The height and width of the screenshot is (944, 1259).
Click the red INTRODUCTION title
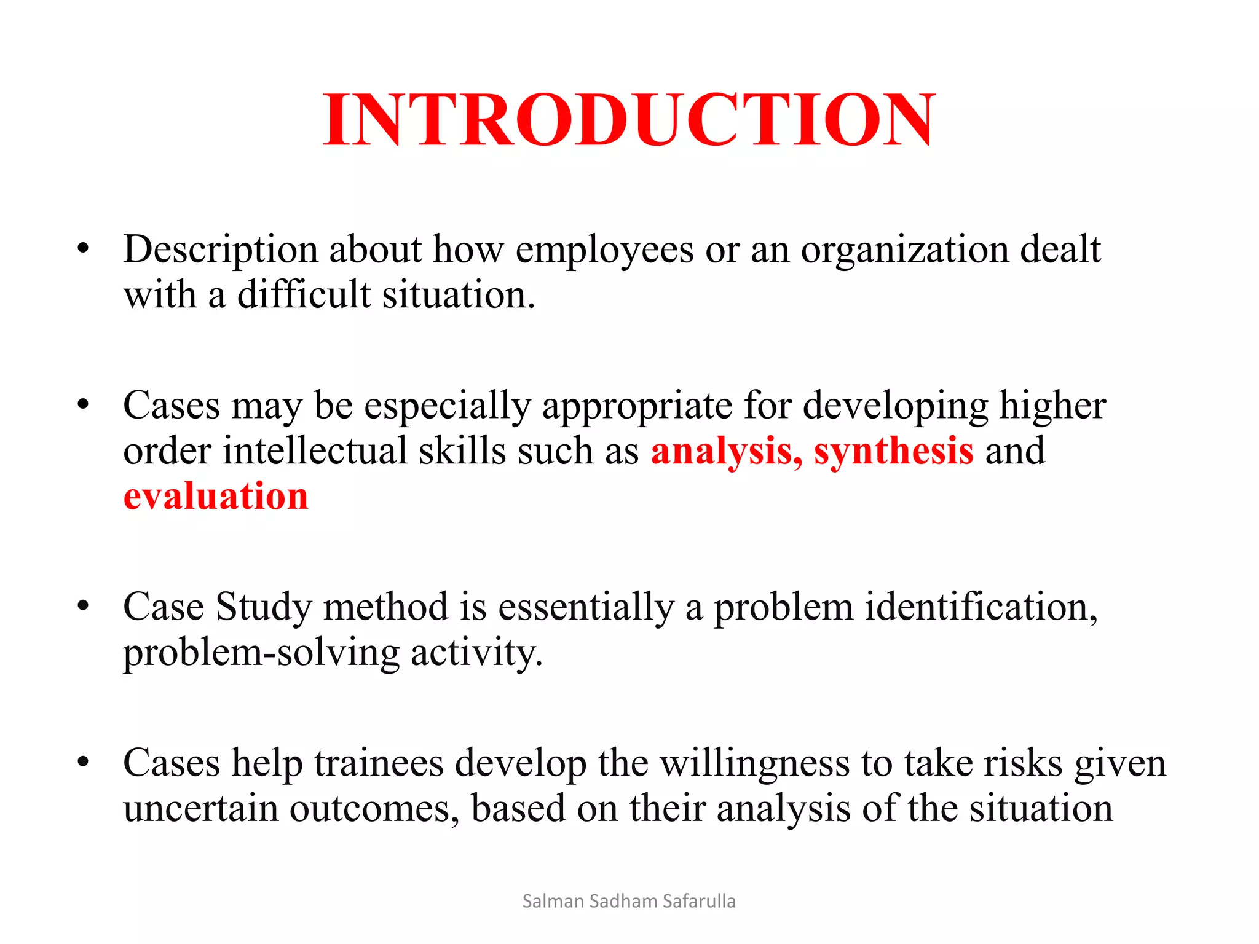[629, 120]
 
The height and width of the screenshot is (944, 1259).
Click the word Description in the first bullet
[220, 250]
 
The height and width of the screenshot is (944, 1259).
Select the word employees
[604, 250]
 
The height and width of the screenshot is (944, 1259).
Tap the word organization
[904, 250]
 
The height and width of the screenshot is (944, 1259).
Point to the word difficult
[304, 295]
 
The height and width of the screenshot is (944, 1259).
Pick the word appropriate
[637, 406]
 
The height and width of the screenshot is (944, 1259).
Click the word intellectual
[314, 451]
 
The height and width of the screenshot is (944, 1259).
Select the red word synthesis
[893, 451]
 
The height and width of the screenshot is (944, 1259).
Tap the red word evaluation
[216, 496]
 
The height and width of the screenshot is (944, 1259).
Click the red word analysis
[725, 451]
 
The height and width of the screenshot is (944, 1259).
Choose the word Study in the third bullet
[264, 607]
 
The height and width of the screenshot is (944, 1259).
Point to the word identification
[981, 607]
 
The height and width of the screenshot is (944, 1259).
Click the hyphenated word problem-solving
[261, 653]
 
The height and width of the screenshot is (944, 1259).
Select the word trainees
[379, 764]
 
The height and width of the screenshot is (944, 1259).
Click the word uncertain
[200, 809]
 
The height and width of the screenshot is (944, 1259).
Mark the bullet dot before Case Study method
[83, 606]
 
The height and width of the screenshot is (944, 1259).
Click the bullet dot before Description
[83, 249]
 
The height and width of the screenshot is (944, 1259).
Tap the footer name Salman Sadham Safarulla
[629, 901]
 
